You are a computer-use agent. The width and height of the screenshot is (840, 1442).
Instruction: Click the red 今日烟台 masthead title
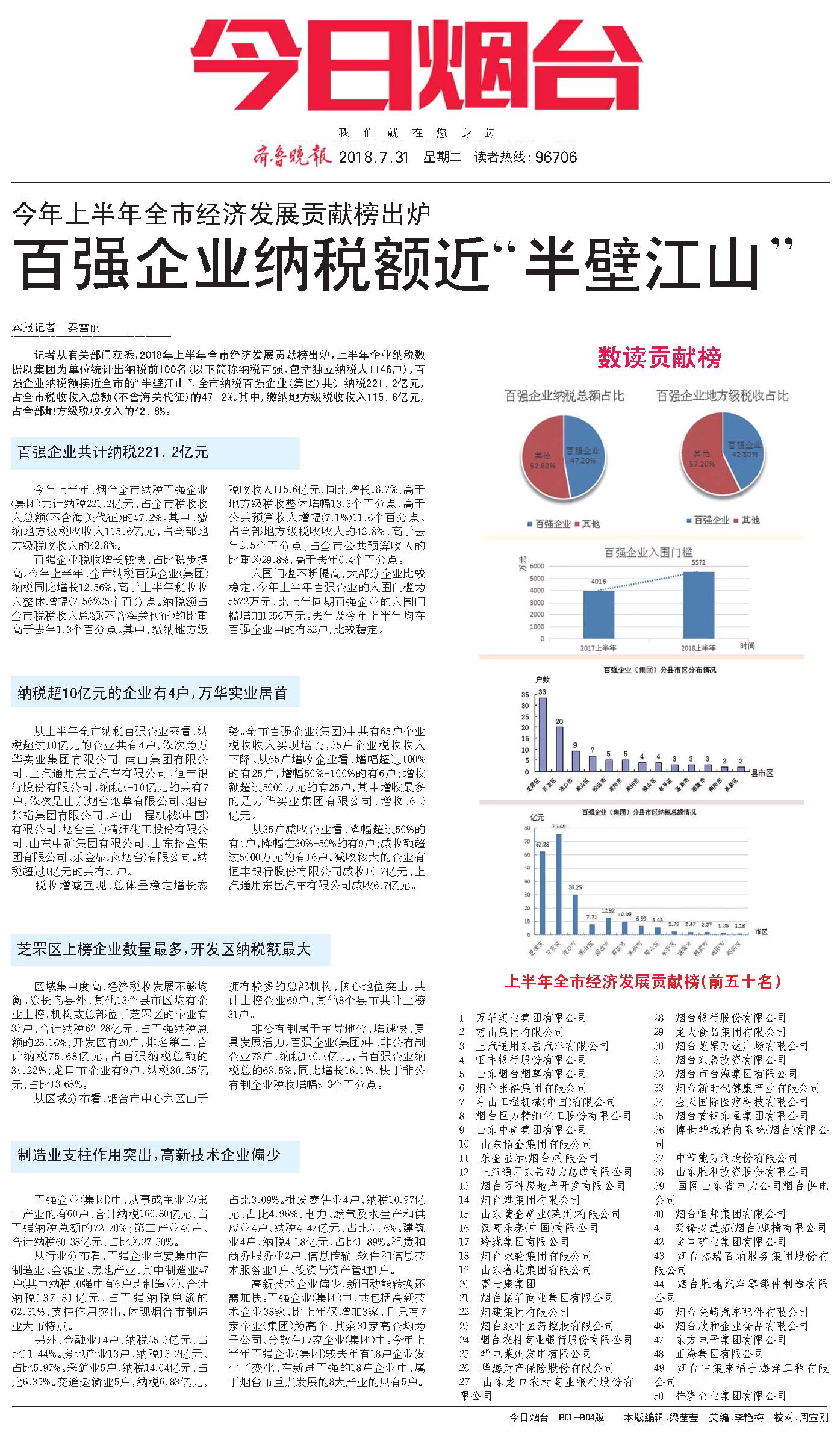(x=417, y=65)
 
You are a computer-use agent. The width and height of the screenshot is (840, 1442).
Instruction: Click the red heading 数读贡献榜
(x=659, y=358)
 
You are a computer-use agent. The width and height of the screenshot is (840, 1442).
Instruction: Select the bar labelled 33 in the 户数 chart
(x=543, y=735)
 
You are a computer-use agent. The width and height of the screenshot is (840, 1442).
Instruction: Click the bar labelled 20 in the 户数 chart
(x=559, y=749)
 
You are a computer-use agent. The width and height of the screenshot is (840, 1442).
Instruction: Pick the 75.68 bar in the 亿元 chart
(x=559, y=883)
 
